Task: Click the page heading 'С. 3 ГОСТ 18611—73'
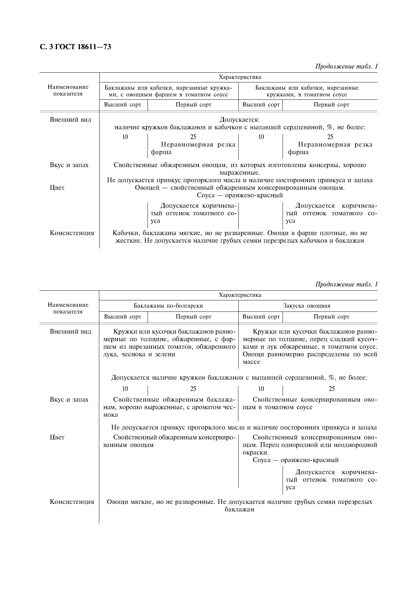click(x=76, y=47)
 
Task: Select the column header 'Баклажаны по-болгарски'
click(x=168, y=306)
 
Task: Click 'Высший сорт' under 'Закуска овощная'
click(x=261, y=317)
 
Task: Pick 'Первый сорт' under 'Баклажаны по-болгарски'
click(x=193, y=317)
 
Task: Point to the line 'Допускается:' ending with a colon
click(x=240, y=120)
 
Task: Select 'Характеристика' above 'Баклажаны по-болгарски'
click(x=240, y=295)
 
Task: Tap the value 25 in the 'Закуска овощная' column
click(x=332, y=389)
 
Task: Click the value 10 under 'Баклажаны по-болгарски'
click(x=125, y=389)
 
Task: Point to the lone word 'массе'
click(x=251, y=362)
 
